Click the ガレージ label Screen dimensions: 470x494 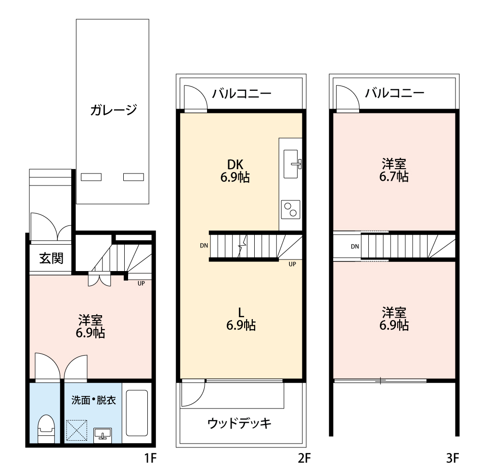(x=113, y=110)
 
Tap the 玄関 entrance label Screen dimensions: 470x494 (x=51, y=259)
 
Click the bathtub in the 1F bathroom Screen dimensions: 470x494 (x=137, y=413)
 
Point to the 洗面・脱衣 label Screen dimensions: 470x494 (x=93, y=400)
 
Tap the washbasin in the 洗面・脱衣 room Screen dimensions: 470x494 (x=102, y=434)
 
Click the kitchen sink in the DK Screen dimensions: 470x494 (x=292, y=163)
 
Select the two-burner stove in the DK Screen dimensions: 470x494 (x=290, y=210)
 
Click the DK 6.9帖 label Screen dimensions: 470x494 (x=235, y=171)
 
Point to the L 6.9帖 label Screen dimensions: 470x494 (x=241, y=319)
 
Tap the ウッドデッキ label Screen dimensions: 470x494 (x=240, y=423)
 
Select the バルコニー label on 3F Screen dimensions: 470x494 (x=394, y=93)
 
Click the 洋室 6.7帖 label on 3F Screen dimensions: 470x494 (x=394, y=170)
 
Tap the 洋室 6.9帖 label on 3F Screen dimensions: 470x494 (x=394, y=319)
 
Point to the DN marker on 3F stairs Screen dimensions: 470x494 (x=355, y=247)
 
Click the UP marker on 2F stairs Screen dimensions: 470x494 (x=292, y=263)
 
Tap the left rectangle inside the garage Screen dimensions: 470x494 (x=91, y=177)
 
